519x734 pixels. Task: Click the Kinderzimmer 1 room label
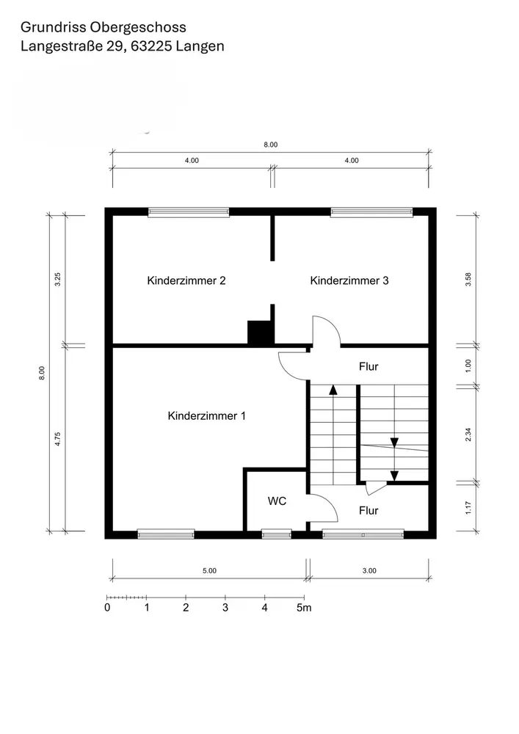(206, 415)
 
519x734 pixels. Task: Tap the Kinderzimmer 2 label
(186, 280)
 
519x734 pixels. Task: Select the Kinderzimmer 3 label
(349, 280)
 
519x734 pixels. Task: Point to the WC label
(277, 501)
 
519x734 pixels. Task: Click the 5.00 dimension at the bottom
(210, 570)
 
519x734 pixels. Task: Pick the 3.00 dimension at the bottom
(369, 570)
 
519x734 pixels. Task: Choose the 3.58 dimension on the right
(468, 280)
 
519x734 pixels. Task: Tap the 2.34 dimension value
(468, 435)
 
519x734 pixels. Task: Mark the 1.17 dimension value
(468, 508)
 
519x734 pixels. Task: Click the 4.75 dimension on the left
(57, 439)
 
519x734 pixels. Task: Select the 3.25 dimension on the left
(57, 280)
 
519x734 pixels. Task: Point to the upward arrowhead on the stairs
(333, 390)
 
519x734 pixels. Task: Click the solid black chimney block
(260, 333)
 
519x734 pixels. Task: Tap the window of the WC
(276, 534)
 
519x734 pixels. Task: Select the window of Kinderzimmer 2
(189, 213)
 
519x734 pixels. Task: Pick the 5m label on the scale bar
(304, 608)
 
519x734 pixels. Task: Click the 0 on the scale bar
(107, 608)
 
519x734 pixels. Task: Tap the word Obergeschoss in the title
(138, 28)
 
